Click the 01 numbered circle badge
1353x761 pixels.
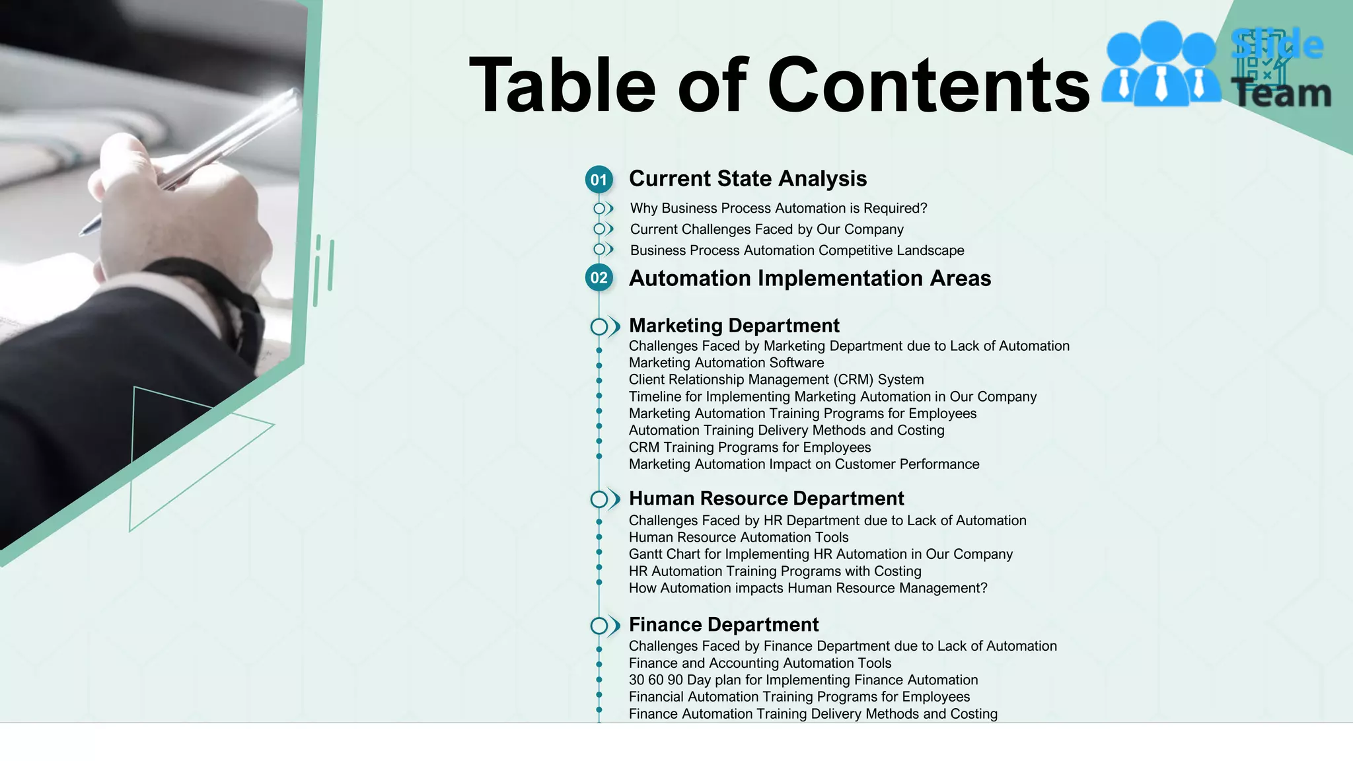click(599, 180)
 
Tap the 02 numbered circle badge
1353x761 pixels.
click(599, 278)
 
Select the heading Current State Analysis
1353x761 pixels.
click(747, 179)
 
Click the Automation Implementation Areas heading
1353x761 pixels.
click(809, 279)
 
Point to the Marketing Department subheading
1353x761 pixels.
click(733, 326)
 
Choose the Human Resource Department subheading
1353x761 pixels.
click(766, 499)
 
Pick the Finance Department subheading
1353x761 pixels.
click(723, 625)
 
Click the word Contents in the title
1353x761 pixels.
click(928, 86)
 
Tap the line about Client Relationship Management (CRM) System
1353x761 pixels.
click(776, 380)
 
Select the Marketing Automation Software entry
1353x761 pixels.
click(726, 363)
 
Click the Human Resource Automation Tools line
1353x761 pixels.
click(738, 538)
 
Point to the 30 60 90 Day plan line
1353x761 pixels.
click(803, 680)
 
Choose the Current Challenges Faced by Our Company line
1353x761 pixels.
click(766, 229)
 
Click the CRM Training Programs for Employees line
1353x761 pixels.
click(749, 447)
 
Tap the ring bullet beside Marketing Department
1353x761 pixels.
click(599, 327)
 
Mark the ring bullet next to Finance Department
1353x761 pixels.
click(599, 626)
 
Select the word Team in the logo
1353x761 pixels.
click(1282, 93)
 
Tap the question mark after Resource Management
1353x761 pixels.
click(983, 589)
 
